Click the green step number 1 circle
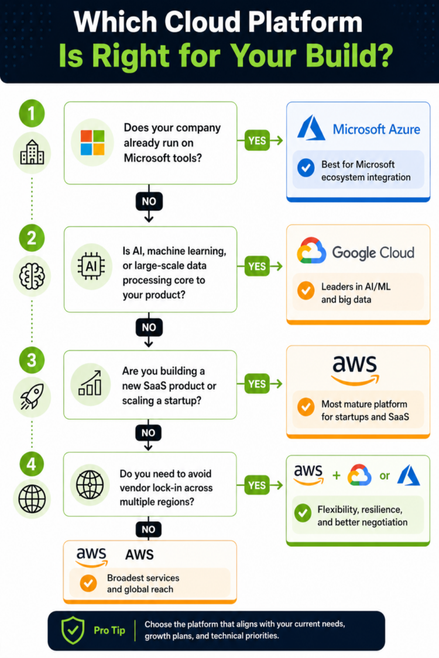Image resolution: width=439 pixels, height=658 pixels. [32, 114]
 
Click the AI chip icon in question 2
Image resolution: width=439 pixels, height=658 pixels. [91, 266]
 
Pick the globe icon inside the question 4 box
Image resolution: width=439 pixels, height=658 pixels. [90, 484]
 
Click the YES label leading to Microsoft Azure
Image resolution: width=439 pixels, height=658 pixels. [257, 140]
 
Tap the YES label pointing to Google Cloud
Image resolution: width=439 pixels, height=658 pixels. [257, 266]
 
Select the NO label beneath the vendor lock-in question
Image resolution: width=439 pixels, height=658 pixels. [149, 529]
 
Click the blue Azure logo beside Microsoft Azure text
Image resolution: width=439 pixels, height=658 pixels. [311, 129]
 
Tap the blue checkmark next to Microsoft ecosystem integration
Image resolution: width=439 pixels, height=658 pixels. [306, 169]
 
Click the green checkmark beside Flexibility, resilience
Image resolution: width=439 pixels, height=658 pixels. [303, 514]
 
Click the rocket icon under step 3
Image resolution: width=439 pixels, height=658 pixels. [32, 397]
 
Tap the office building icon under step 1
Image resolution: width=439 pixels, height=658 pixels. [32, 154]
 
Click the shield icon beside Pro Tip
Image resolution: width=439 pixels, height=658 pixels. [73, 631]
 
